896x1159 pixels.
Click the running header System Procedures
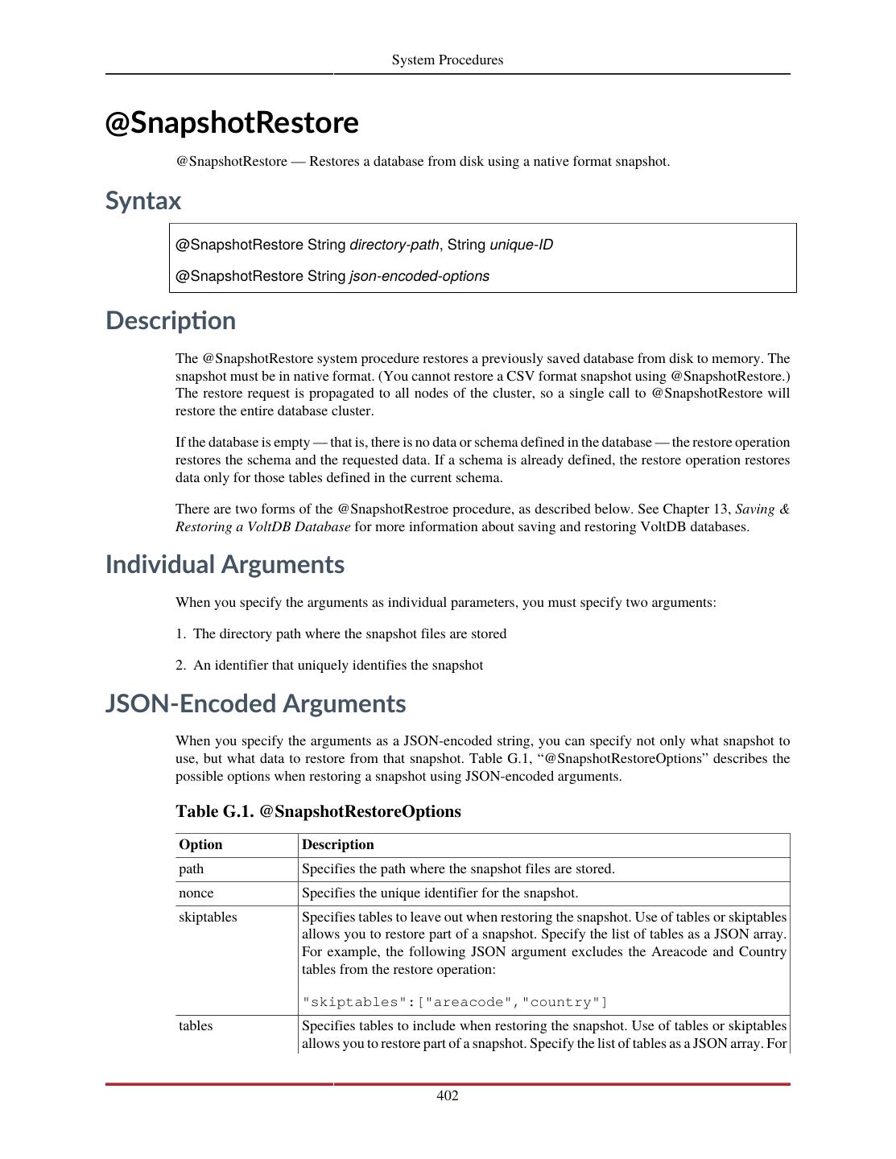tap(448, 60)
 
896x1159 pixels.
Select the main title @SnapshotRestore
tap(232, 123)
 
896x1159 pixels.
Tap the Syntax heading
tap(143, 200)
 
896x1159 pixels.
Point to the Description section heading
tap(171, 320)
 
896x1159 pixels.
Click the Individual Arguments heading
tap(225, 564)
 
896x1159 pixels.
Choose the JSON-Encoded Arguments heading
tap(255, 703)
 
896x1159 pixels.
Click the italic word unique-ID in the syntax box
tap(521, 245)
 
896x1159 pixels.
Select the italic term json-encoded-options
tap(419, 276)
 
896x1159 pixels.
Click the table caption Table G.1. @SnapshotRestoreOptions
tap(318, 811)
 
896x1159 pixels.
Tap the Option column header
tap(200, 844)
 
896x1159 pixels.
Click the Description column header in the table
tap(338, 844)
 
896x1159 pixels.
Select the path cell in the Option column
tap(192, 869)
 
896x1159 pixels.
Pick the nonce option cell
tap(196, 893)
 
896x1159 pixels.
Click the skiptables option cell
tap(208, 918)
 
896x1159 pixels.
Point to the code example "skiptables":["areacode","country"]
tap(455, 1002)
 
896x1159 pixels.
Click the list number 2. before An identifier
tap(181, 666)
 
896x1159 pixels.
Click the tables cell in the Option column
tap(196, 1026)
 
